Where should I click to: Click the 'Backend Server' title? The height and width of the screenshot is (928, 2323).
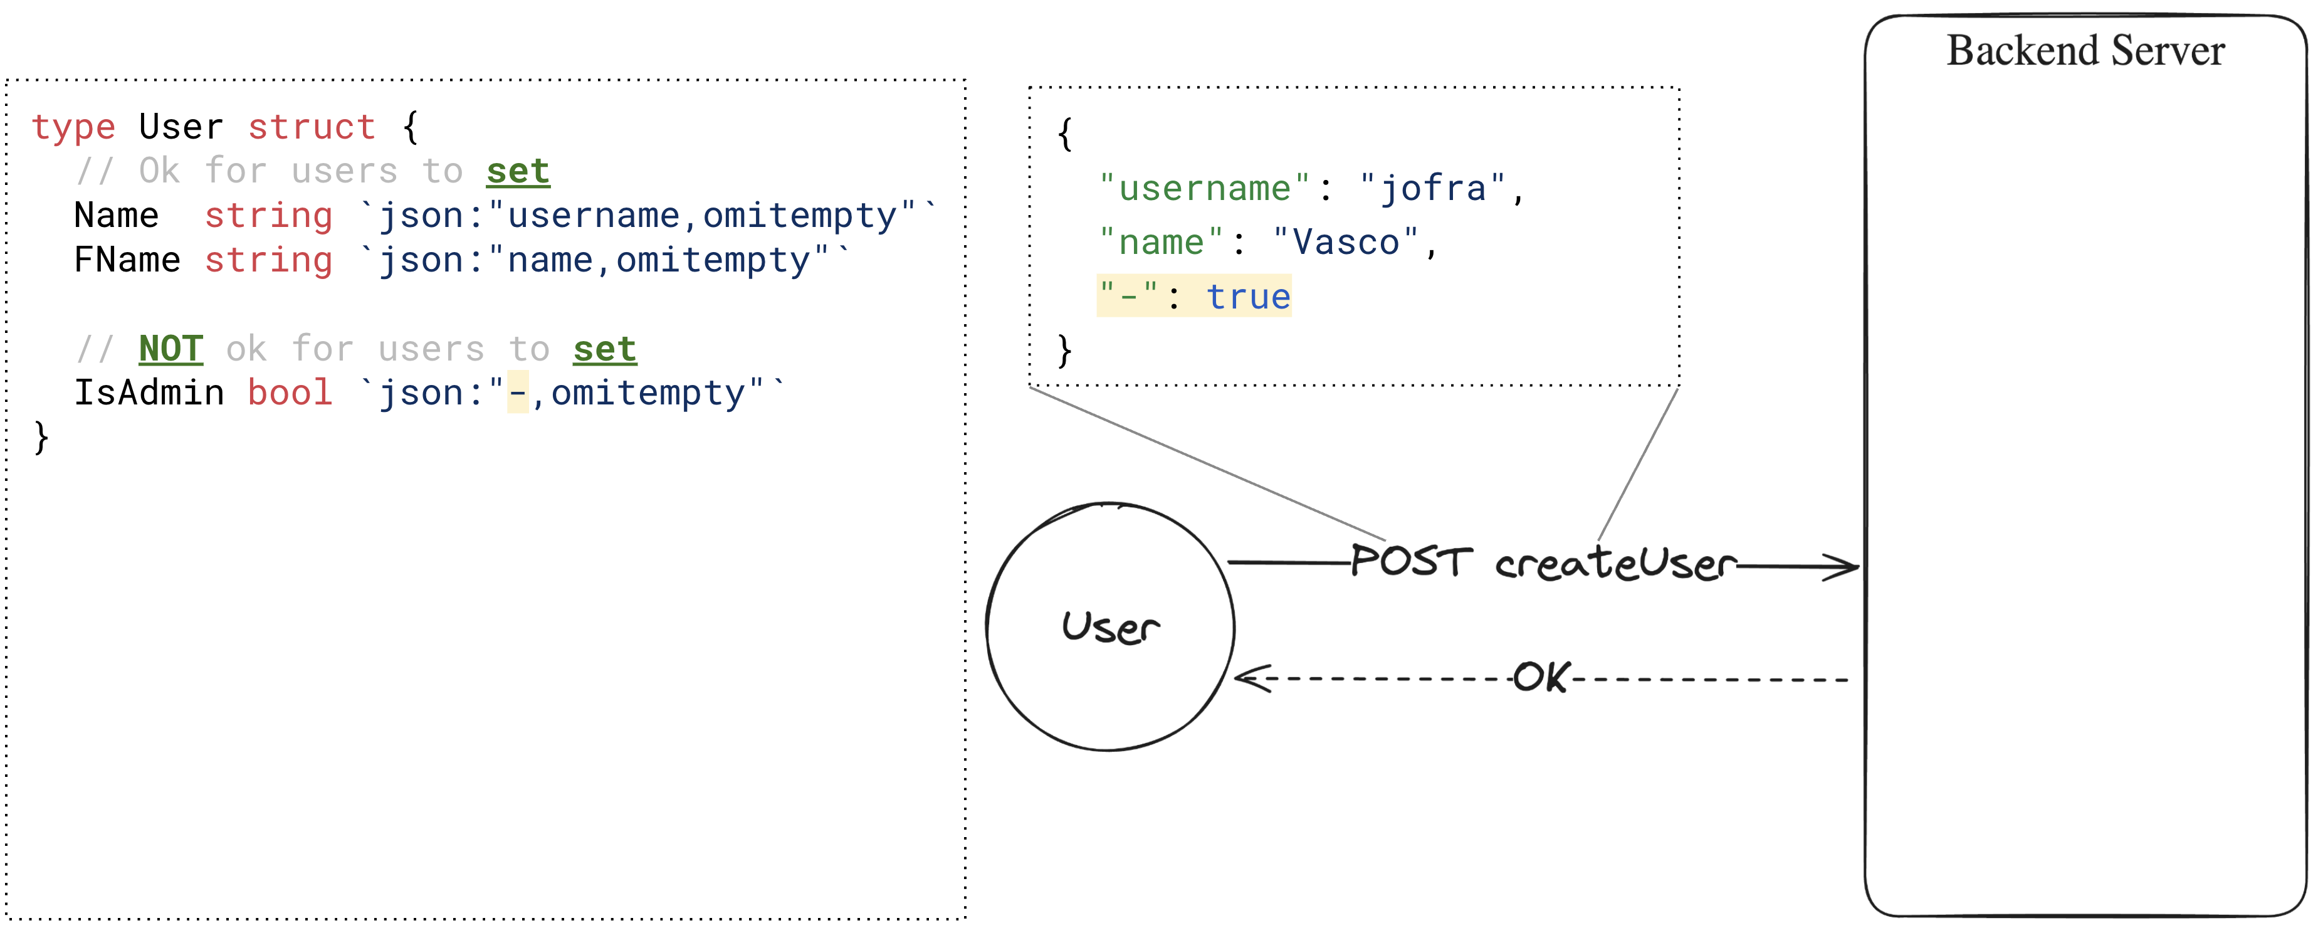click(2085, 51)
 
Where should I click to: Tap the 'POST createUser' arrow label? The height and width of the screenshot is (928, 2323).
click(1543, 562)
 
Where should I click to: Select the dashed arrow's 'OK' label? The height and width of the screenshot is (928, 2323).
click(1541, 677)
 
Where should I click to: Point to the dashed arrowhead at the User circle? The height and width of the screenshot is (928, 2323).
click(1252, 678)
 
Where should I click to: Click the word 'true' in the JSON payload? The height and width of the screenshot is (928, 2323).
click(1248, 297)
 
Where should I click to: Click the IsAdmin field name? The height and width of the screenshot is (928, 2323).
click(149, 393)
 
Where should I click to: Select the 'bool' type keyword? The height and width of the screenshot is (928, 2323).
click(290, 393)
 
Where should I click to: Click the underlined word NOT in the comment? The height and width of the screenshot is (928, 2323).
click(170, 348)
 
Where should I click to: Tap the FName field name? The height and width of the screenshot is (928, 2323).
click(127, 260)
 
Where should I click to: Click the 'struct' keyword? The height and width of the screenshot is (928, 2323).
click(312, 127)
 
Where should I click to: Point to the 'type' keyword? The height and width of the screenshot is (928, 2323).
click(73, 128)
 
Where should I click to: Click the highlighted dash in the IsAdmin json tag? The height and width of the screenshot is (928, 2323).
click(518, 393)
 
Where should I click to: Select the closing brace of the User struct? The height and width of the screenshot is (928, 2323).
click(41, 438)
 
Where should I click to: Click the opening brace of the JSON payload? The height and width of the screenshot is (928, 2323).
click(1065, 134)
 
